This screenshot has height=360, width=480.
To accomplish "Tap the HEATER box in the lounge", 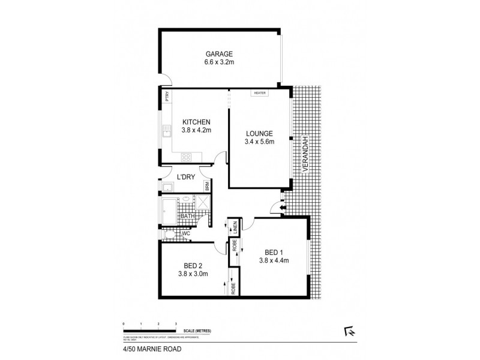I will [x=260, y=93].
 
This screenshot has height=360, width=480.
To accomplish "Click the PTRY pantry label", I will [x=166, y=96].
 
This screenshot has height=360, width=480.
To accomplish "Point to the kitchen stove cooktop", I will [x=187, y=158].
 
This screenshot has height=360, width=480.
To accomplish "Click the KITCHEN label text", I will [x=196, y=122].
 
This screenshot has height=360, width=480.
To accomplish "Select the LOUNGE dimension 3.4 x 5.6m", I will [x=259, y=142].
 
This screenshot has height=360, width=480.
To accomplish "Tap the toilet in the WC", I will [x=171, y=233].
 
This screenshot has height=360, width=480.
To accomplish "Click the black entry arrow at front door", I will [x=274, y=208].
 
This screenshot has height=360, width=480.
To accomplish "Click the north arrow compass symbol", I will [x=347, y=330].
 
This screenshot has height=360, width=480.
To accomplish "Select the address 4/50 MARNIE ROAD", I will [x=148, y=347].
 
